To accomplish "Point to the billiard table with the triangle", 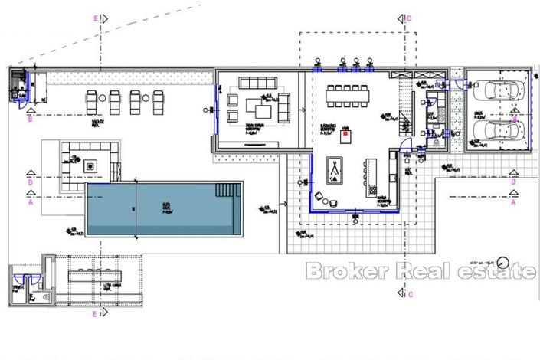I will tap(335, 169).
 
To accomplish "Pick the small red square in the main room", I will tap(346, 133).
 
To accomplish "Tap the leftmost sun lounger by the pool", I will tap(92, 100).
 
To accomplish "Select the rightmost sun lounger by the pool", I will tap(159, 100).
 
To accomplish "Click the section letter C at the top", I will tap(410, 17).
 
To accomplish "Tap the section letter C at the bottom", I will tap(410, 295).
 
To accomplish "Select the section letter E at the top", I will tap(96, 17).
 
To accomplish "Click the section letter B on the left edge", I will tap(30, 119).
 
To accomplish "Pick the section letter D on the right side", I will tap(513, 183).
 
